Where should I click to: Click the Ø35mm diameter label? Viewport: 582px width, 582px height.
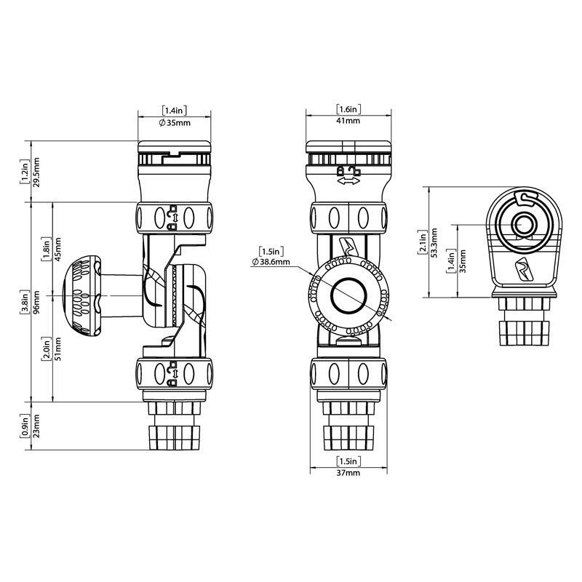175,123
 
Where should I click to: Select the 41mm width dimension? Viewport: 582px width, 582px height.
348,121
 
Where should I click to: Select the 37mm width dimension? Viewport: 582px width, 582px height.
348,474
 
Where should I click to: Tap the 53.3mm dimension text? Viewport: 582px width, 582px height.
434,242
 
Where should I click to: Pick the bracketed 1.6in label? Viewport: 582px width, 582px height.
348,109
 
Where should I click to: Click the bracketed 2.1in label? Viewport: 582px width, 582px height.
423,242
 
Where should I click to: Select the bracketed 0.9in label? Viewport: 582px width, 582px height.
25,426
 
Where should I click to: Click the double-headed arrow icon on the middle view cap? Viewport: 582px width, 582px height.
348,182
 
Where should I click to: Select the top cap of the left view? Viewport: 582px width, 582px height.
175,148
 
